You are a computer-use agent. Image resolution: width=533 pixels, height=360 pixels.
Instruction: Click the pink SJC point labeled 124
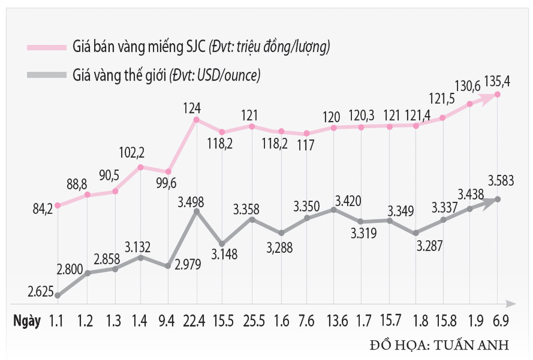196,120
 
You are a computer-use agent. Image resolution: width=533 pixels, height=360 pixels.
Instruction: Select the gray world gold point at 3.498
196,211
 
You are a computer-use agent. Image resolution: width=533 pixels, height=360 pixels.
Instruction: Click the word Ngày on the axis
27,322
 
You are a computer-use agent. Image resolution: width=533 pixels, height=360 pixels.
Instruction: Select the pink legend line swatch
47,47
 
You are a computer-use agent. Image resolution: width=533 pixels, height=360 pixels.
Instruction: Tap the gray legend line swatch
47,75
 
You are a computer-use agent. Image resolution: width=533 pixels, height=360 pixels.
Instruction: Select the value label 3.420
348,200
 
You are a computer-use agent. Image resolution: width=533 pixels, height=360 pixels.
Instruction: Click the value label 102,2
133,153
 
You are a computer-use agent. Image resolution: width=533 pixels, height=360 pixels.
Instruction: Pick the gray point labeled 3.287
415,233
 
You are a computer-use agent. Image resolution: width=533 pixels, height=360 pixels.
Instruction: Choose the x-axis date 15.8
443,322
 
